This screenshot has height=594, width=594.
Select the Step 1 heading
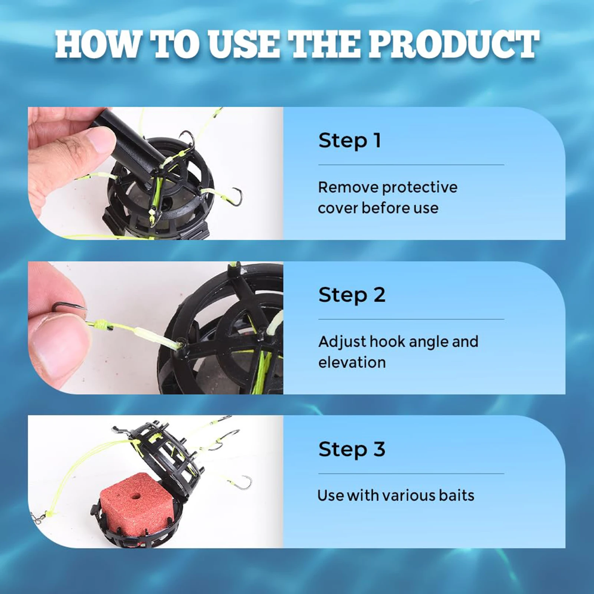pyautogui.click(x=349, y=141)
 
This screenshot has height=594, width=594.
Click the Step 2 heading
pyautogui.click(x=352, y=295)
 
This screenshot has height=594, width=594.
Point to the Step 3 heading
pyautogui.click(x=352, y=450)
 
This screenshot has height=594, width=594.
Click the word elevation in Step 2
pyautogui.click(x=352, y=362)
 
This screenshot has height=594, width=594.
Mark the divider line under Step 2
pyautogui.click(x=411, y=319)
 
